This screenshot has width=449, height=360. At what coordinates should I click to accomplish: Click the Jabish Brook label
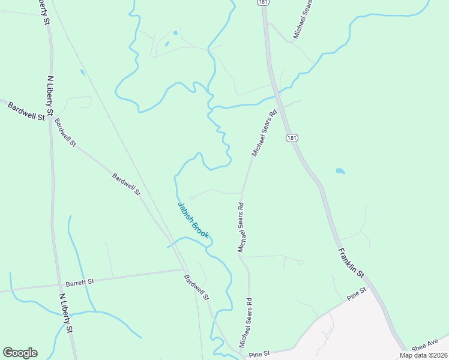[193, 220]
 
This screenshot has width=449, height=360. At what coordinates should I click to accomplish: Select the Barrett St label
[80, 281]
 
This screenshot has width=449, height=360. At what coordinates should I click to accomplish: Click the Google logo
[20, 353]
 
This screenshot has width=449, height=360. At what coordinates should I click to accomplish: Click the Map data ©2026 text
[423, 355]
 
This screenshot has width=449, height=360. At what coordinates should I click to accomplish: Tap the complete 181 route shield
[292, 138]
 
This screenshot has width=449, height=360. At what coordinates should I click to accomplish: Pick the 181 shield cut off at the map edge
[262, 2]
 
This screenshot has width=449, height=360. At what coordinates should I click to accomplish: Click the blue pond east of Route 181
[340, 171]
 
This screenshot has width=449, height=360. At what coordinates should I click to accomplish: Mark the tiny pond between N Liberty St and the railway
[82, 73]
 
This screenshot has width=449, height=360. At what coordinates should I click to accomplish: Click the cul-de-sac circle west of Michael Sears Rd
[191, 197]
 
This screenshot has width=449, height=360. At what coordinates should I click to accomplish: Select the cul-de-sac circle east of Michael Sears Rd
[301, 262]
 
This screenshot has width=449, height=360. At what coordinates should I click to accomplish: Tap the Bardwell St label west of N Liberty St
[26, 111]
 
